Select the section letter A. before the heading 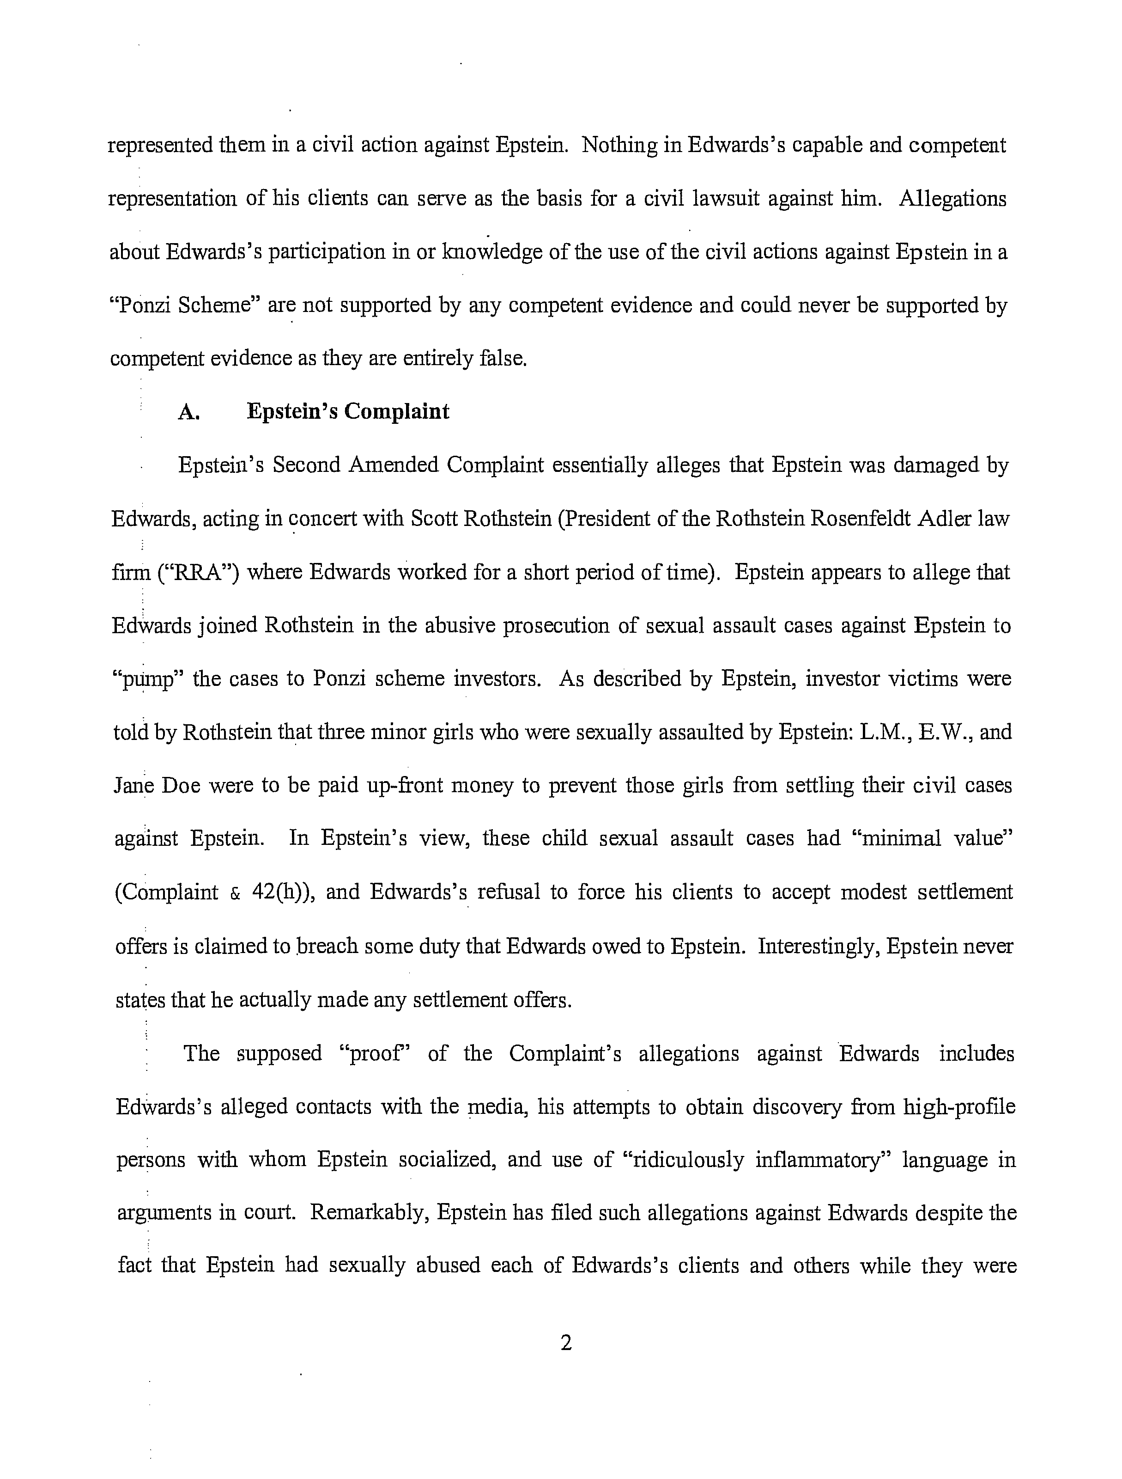[x=189, y=412]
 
